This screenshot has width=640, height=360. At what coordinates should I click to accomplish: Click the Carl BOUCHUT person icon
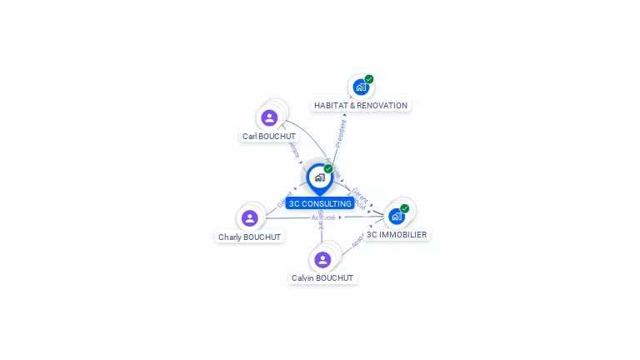pyautogui.click(x=269, y=118)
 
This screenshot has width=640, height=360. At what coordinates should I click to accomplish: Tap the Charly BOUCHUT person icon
pyautogui.click(x=250, y=218)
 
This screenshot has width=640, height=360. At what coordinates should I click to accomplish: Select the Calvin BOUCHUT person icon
pyautogui.click(x=322, y=260)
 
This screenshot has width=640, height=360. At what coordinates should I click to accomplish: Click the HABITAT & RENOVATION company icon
pyautogui.click(x=360, y=87)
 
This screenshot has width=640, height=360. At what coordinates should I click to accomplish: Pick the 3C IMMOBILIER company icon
pyautogui.click(x=397, y=216)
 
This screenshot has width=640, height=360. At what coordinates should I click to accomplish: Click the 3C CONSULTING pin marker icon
pyautogui.click(x=319, y=177)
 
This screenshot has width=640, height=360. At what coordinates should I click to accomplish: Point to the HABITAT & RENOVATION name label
pyautogui.click(x=361, y=106)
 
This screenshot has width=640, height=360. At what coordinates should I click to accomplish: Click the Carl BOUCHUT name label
pyautogui.click(x=269, y=137)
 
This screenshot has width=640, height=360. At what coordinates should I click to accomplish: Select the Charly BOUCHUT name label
pyautogui.click(x=250, y=237)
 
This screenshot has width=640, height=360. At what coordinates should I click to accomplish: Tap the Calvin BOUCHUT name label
pyautogui.click(x=322, y=278)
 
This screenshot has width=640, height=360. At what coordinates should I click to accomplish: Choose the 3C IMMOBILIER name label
pyautogui.click(x=397, y=235)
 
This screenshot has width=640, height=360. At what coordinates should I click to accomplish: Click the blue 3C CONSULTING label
pyautogui.click(x=320, y=204)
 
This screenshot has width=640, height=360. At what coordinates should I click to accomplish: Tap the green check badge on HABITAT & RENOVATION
pyautogui.click(x=369, y=79)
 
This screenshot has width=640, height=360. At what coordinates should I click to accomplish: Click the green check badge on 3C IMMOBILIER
pyautogui.click(x=405, y=208)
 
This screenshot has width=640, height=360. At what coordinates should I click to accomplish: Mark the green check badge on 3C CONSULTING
pyautogui.click(x=328, y=169)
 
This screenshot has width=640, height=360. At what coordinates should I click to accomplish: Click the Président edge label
pyautogui.click(x=340, y=132)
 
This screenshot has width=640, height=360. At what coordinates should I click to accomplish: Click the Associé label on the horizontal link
pyautogui.click(x=323, y=217)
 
